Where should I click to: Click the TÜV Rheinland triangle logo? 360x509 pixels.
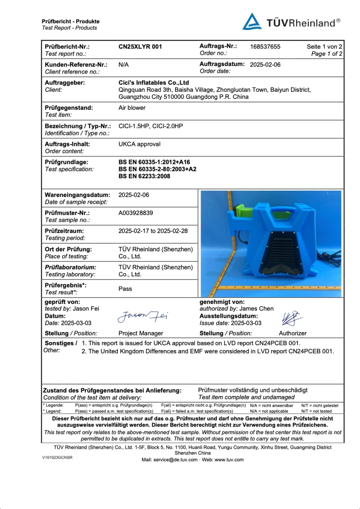pyautogui.click(x=252, y=22)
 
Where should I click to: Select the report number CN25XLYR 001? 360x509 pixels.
pyautogui.click(x=140, y=46)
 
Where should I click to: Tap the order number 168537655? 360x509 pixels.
pyautogui.click(x=265, y=46)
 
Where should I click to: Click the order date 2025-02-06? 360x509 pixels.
pyautogui.click(x=265, y=64)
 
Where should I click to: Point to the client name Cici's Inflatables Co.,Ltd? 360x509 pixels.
pyautogui.click(x=153, y=83)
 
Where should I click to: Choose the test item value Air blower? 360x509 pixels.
pyautogui.click(x=132, y=108)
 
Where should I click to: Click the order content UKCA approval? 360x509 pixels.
pyautogui.click(x=139, y=144)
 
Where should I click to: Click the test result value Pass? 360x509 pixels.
pyautogui.click(x=125, y=288)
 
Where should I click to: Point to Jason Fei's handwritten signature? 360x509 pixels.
pyautogui.click(x=143, y=317)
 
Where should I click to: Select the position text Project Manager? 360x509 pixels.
pyautogui.click(x=140, y=333)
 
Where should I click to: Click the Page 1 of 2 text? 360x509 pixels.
pyautogui.click(x=327, y=54)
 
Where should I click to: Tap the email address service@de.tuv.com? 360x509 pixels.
pyautogui.click(x=175, y=459)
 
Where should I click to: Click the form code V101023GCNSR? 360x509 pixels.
pyautogui.click(x=57, y=457)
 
